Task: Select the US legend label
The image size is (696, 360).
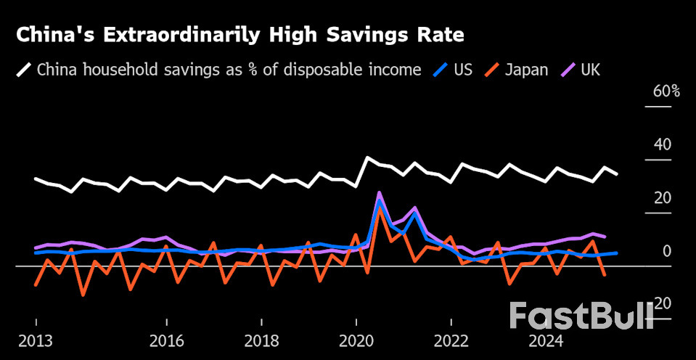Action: (x=463, y=70)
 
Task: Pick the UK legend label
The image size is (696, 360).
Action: (x=591, y=70)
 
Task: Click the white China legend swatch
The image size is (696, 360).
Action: (x=24, y=70)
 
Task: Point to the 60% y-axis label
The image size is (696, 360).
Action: (x=666, y=91)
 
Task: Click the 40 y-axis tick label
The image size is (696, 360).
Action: (x=663, y=144)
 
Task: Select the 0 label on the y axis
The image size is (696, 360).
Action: (x=666, y=251)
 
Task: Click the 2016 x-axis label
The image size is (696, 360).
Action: (x=167, y=342)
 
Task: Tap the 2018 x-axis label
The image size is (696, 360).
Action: (x=261, y=342)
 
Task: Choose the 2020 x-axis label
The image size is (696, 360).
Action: (x=356, y=342)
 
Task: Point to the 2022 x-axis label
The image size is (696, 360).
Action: (x=451, y=342)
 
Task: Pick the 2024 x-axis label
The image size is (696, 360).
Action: (x=545, y=342)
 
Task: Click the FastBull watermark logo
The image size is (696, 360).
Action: (x=581, y=316)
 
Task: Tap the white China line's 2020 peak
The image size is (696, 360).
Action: (x=368, y=157)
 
